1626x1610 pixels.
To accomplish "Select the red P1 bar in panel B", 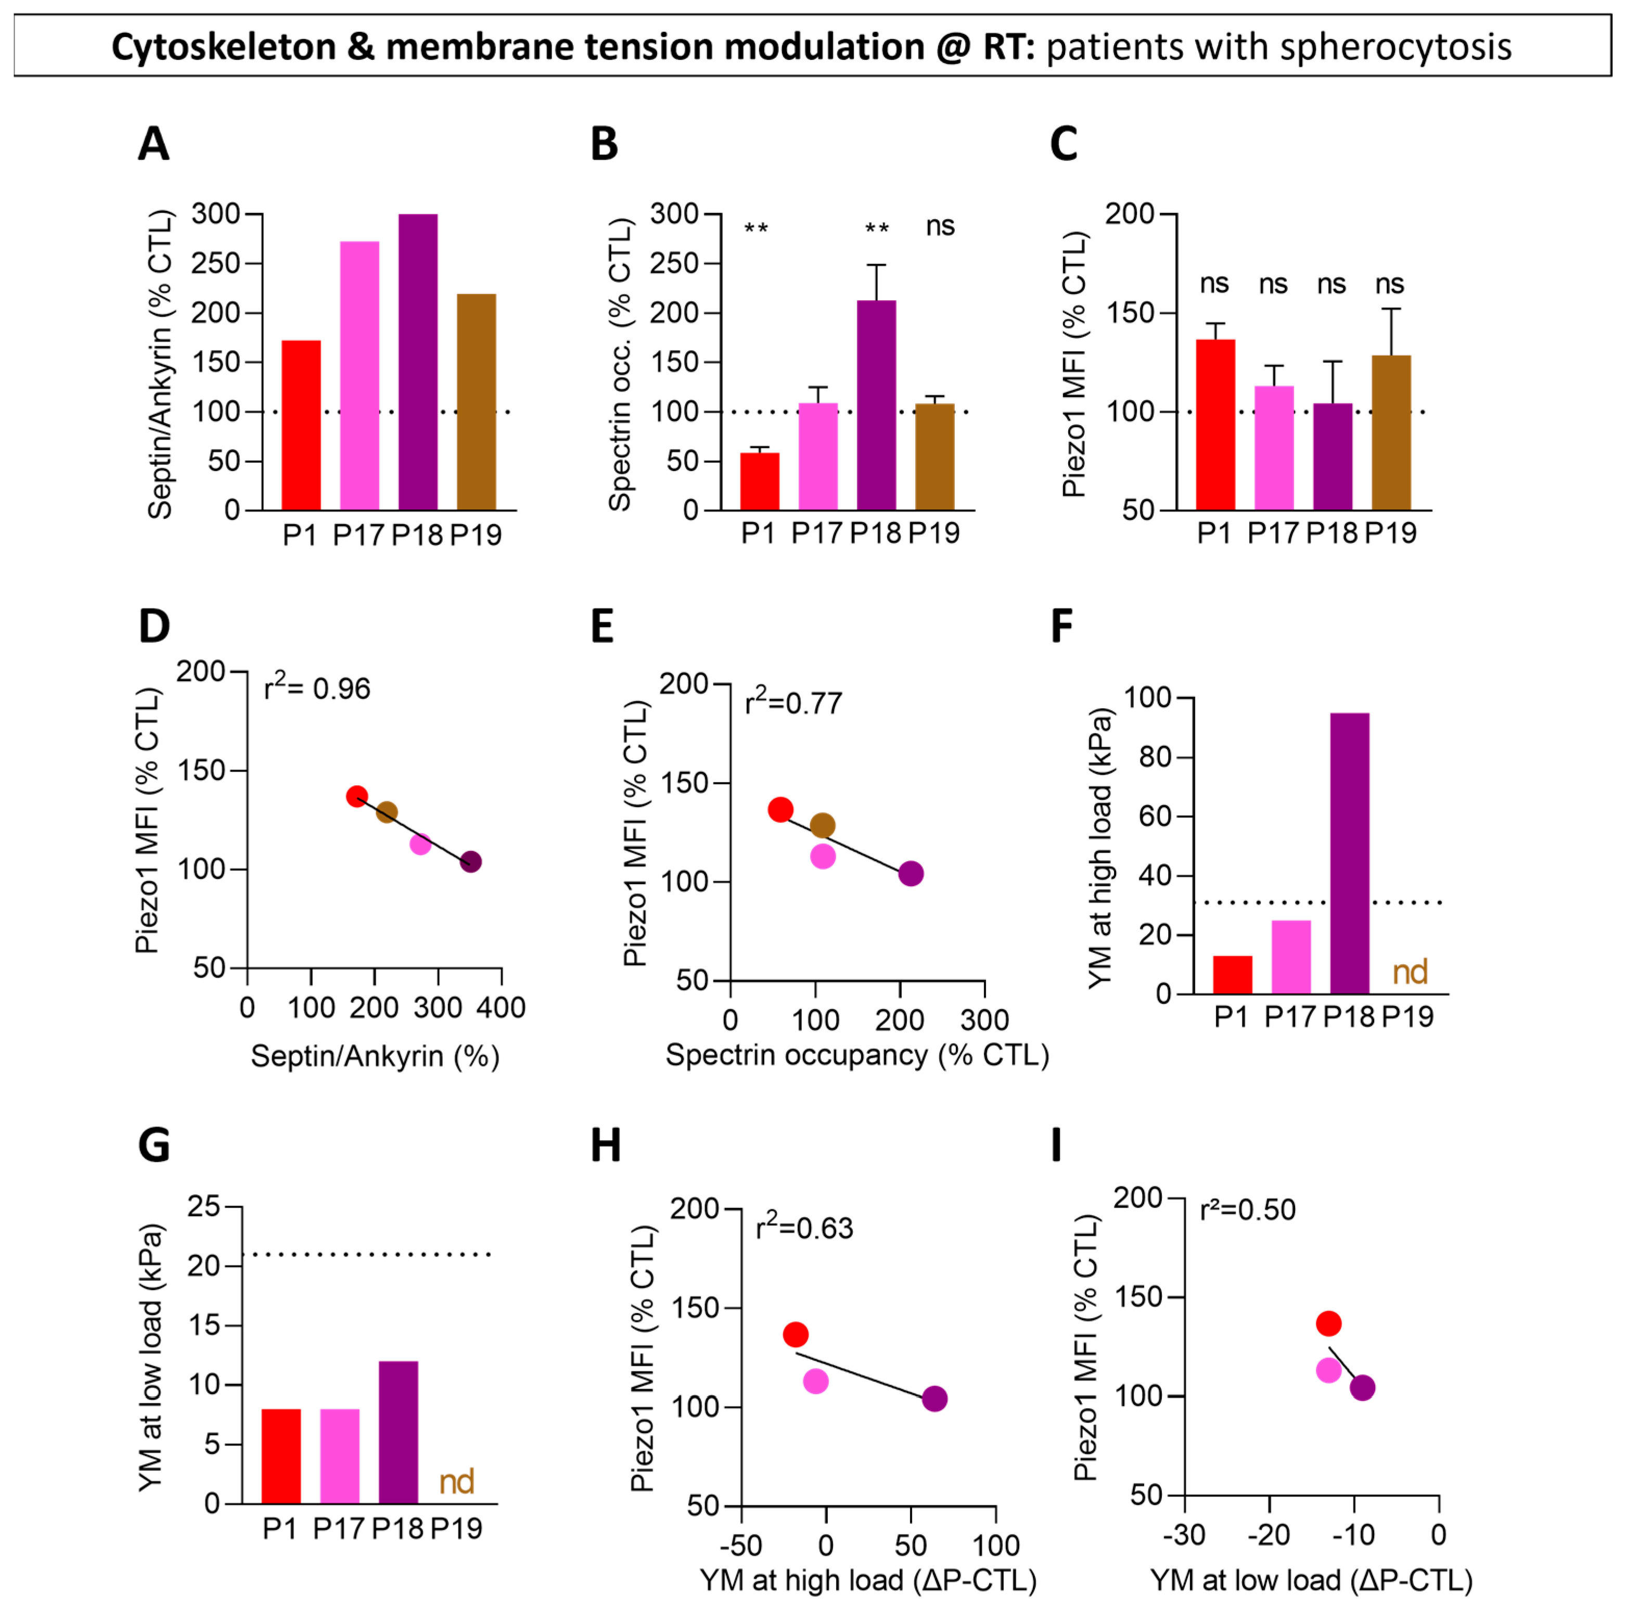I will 759,481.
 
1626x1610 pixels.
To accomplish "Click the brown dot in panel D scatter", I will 386,812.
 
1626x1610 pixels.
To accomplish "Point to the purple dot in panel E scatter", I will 910,874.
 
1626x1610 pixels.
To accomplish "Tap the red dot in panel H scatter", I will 796,1334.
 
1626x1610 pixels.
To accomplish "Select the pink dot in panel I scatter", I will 1328,1370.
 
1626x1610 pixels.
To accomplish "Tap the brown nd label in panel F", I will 1410,972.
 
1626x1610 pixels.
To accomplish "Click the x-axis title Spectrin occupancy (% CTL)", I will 857,1055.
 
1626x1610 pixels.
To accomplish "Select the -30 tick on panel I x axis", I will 1184,1534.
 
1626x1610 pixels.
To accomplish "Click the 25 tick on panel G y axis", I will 203,1206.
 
